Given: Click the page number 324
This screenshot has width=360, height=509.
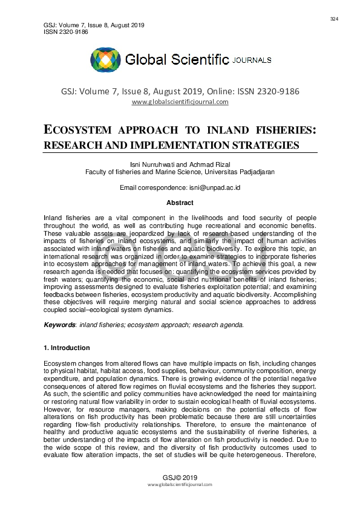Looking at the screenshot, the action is click(x=334, y=19).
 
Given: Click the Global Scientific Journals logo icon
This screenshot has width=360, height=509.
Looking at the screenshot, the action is click(x=106, y=60).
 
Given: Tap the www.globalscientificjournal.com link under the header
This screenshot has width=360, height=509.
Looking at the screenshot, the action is click(x=180, y=102).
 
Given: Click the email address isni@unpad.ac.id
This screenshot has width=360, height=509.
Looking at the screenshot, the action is click(x=208, y=188).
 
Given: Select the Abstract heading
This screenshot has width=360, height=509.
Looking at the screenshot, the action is click(x=180, y=203).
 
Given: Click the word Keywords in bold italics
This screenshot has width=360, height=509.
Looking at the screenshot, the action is click(x=59, y=325).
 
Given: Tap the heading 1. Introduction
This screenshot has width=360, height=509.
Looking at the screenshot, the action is click(x=67, y=348).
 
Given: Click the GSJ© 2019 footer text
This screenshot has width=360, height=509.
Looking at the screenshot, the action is click(x=180, y=477).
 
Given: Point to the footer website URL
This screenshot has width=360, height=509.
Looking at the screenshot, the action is click(x=180, y=485).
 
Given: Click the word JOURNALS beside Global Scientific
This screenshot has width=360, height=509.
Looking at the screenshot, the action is click(x=252, y=60).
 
